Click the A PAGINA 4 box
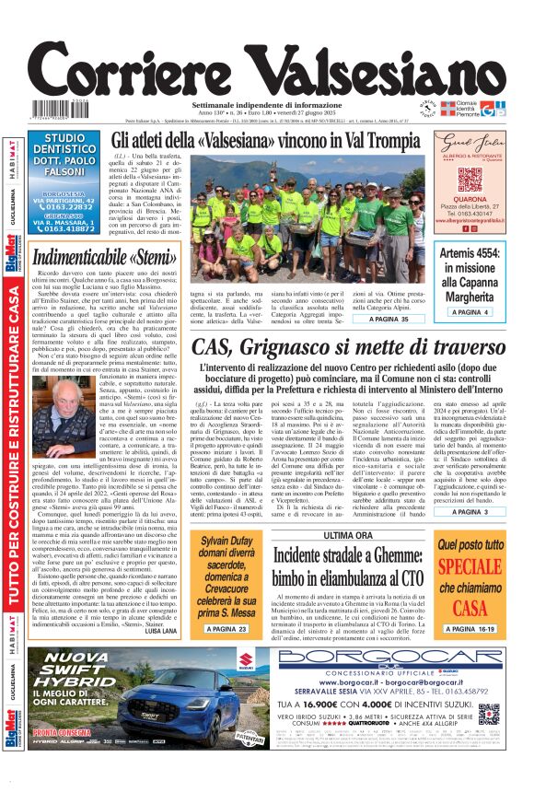(x=465, y=312)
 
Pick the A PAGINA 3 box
(x=469, y=511)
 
